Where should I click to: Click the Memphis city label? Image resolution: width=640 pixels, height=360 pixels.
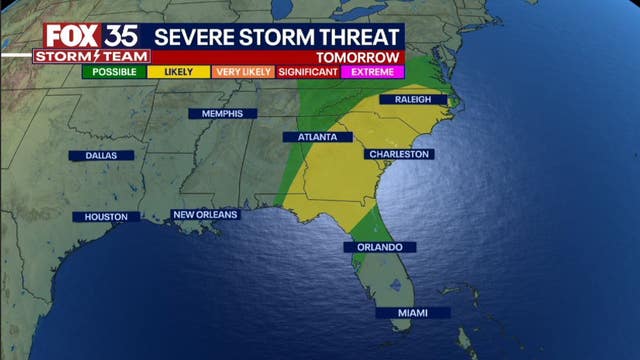tap(222, 114)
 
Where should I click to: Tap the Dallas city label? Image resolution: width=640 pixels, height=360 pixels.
tap(101, 156)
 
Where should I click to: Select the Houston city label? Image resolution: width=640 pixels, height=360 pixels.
tap(106, 217)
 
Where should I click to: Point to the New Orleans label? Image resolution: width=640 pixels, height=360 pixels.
tap(205, 215)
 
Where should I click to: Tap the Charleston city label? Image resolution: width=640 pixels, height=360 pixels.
tap(399, 154)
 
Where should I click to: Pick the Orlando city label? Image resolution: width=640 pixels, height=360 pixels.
tap(379, 247)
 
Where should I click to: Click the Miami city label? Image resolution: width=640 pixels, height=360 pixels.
tap(413, 313)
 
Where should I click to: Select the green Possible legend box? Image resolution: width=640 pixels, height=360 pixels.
tap(114, 72)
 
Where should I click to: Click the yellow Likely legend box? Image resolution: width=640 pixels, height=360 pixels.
tap(178, 72)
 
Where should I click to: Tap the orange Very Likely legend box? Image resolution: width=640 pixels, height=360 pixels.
tap(243, 72)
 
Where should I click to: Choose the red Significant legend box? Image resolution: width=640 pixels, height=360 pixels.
tap(308, 72)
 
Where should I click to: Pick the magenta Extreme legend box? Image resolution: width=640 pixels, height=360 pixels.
tap(372, 72)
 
